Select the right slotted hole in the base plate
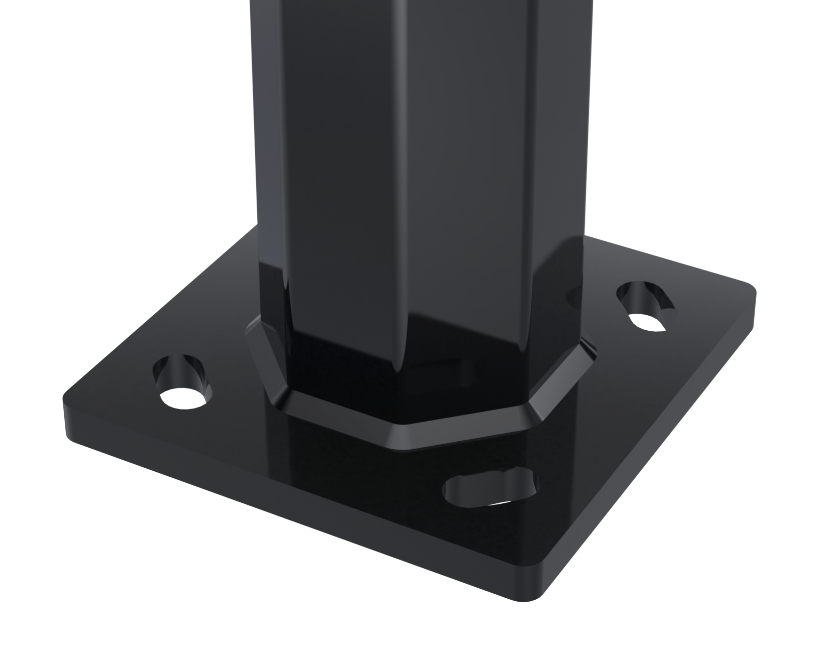pyautogui.click(x=645, y=306)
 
